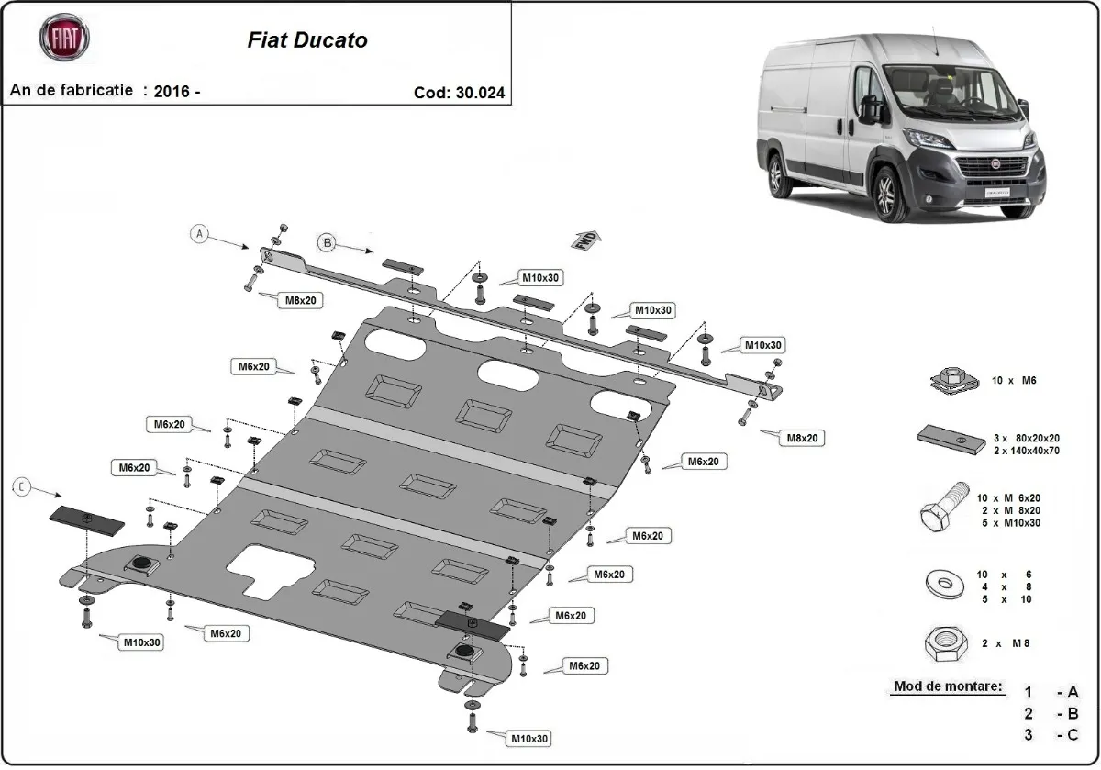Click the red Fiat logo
(64, 38)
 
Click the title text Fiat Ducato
(307, 40)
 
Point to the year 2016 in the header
(172, 91)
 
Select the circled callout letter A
(201, 234)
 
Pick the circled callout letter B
(328, 242)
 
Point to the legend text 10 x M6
(1013, 380)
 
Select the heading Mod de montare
(948, 686)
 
